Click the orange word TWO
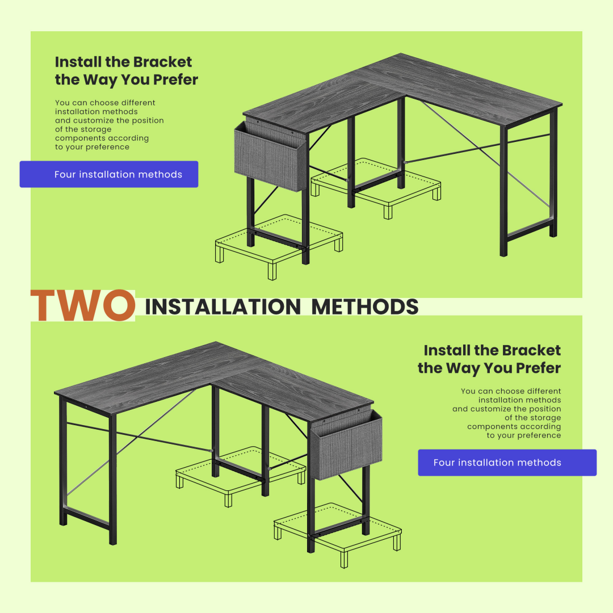(x=83, y=305)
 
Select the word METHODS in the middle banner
(x=365, y=307)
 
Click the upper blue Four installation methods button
(x=108, y=174)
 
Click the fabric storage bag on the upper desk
(x=271, y=157)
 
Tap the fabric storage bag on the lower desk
(x=346, y=445)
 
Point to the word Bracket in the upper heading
(x=165, y=62)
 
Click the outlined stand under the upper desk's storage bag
(x=279, y=246)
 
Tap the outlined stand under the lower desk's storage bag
(x=337, y=535)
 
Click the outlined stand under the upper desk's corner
(x=376, y=188)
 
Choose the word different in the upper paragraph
(x=137, y=102)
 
